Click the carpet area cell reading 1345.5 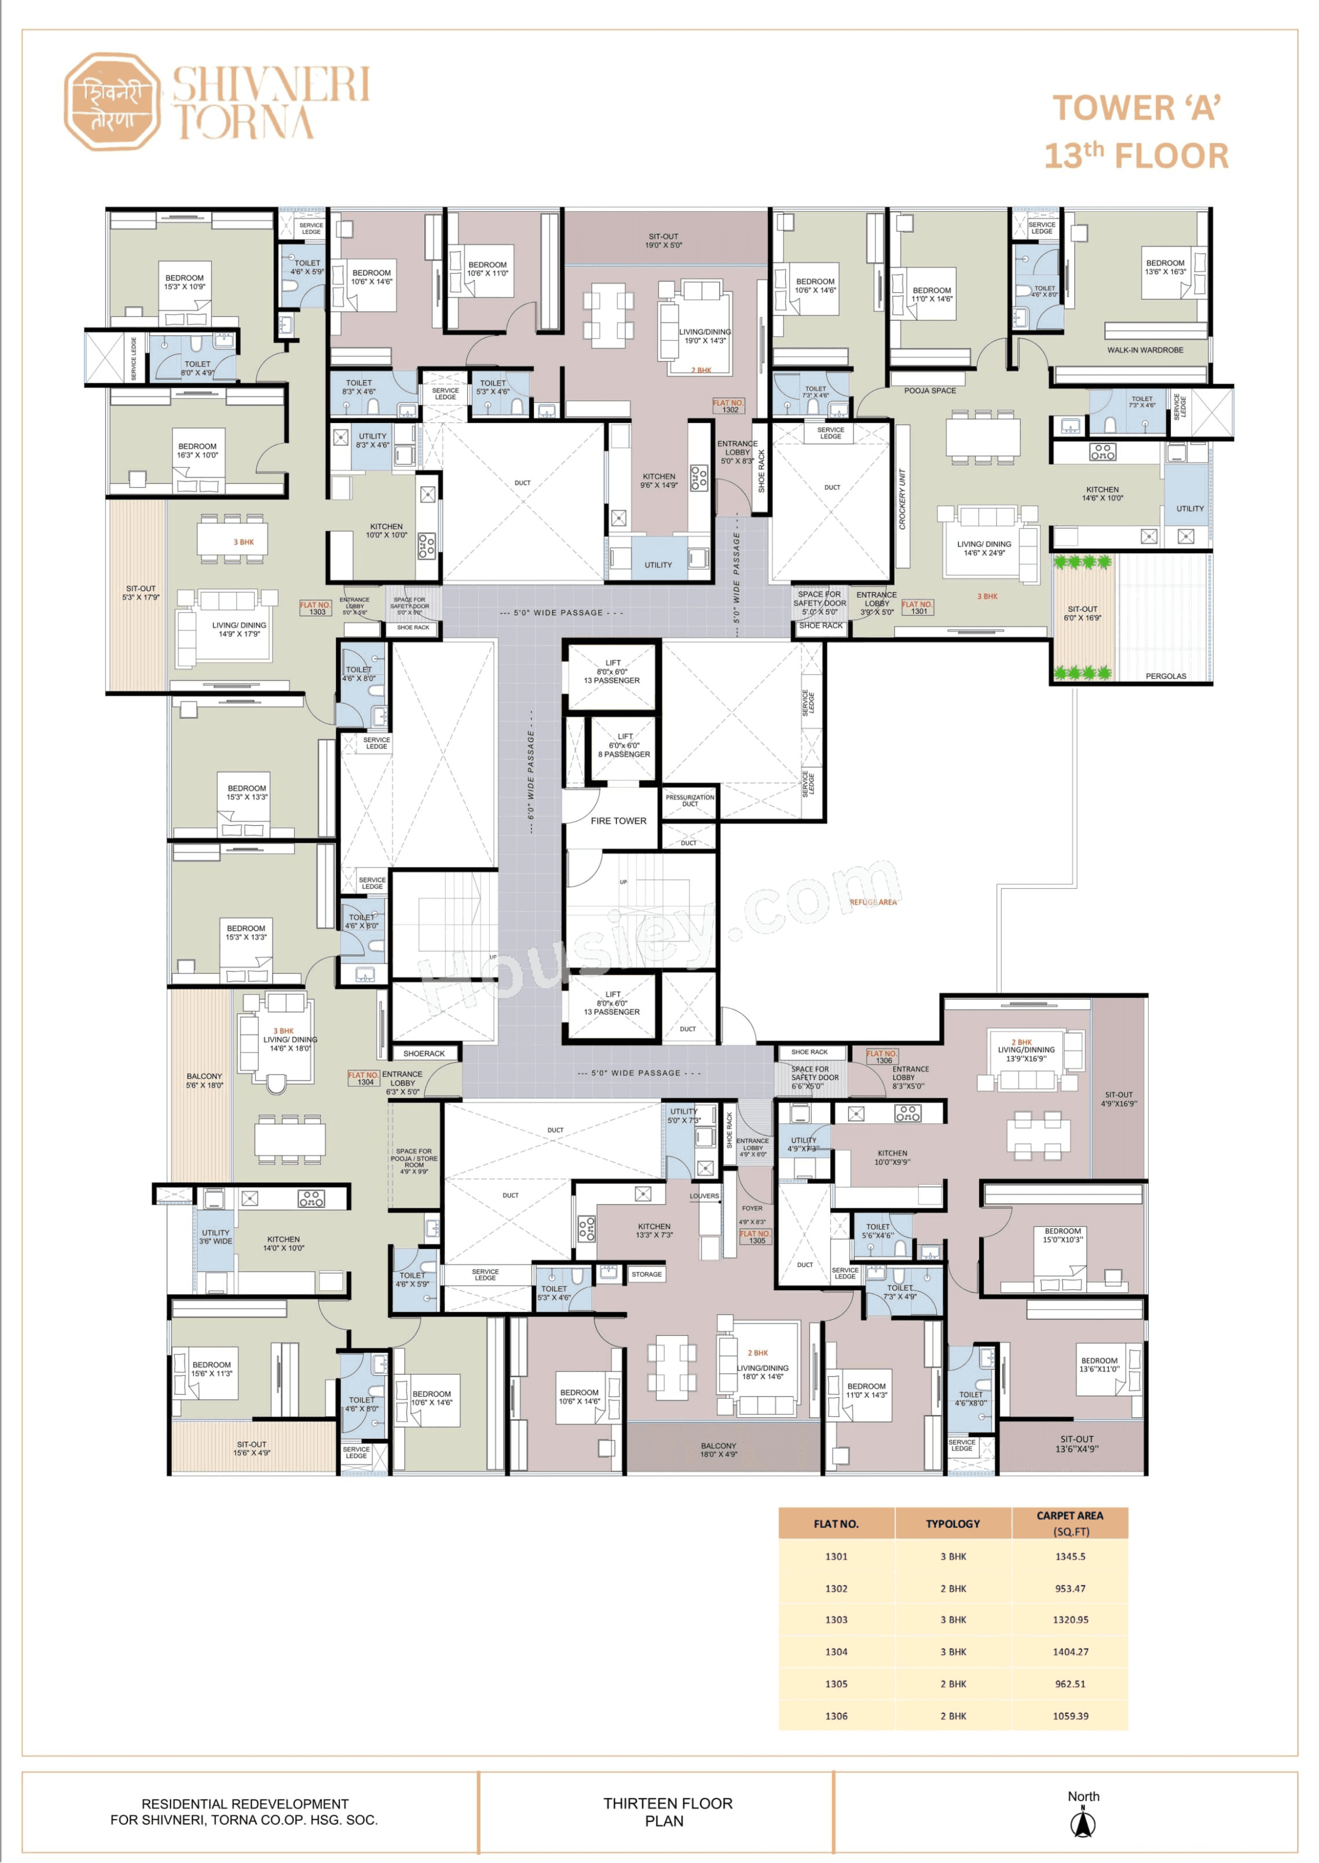1069,1556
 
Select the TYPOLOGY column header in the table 952,1524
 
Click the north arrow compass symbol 1083,1824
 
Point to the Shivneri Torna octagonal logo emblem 112,102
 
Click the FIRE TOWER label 618,821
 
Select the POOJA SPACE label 929,391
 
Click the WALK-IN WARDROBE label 1144,350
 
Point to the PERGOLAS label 1164,675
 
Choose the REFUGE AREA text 873,902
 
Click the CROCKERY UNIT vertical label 902,499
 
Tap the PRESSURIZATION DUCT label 690,800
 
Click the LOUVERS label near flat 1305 704,1196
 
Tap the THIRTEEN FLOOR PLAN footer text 667,1812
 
